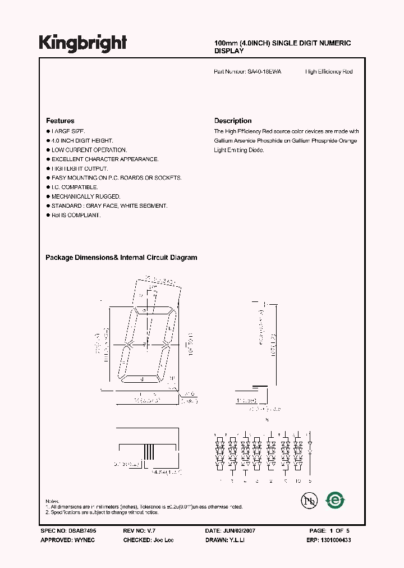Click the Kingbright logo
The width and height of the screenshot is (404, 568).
click(x=83, y=43)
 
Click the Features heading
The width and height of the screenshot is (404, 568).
click(x=60, y=121)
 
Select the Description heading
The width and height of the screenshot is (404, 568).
click(x=233, y=121)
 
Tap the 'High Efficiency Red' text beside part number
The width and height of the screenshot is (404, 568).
click(x=329, y=72)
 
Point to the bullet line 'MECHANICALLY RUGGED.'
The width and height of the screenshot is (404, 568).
click(x=86, y=196)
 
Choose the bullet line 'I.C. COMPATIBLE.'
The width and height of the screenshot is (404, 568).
click(x=75, y=187)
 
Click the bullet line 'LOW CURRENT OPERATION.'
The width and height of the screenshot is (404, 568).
click(x=89, y=150)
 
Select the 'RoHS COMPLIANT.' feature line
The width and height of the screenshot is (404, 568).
click(x=76, y=215)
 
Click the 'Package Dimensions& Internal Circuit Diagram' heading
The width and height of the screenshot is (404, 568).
click(x=121, y=258)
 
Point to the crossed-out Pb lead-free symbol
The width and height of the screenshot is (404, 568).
click(x=307, y=500)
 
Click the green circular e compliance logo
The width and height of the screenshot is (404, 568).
click(x=336, y=499)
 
